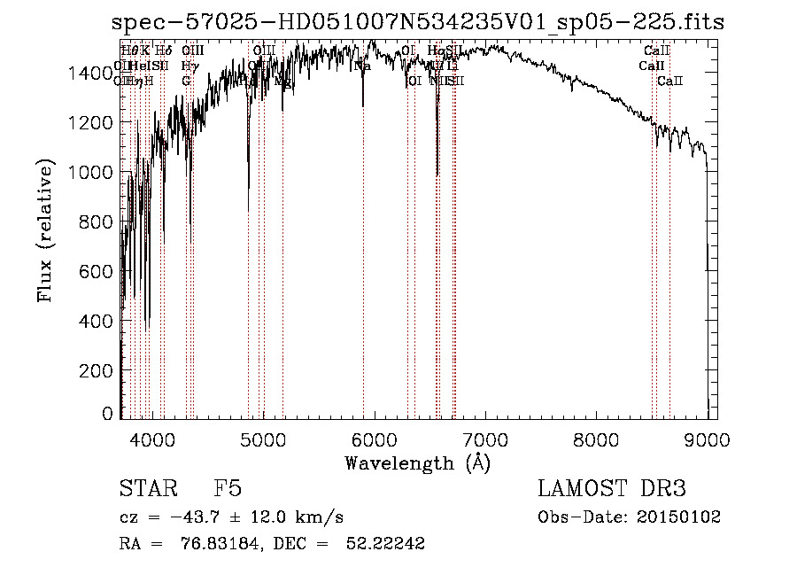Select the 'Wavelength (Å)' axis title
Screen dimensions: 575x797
[417, 462]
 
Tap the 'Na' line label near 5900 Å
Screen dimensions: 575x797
[362, 66]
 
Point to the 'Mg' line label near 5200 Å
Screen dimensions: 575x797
[282, 81]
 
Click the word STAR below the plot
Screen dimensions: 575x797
[146, 489]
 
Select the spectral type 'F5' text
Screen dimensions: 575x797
[228, 489]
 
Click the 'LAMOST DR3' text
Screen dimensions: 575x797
[612, 489]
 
